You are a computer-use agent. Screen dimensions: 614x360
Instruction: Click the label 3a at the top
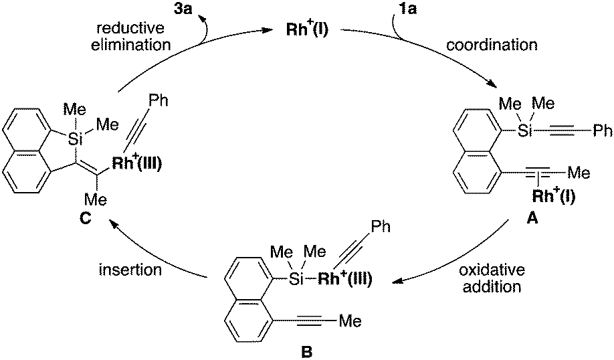[184, 8]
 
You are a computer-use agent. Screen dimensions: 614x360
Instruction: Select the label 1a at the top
[407, 8]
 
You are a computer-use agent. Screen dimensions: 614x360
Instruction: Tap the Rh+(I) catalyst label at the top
[307, 29]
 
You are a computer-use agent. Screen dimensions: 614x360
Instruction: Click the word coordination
[492, 45]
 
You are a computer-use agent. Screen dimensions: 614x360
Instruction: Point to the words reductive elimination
[131, 36]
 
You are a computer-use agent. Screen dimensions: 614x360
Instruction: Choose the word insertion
[130, 270]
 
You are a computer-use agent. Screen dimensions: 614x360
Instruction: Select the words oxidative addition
[492, 278]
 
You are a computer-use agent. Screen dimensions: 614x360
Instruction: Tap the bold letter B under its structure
[307, 351]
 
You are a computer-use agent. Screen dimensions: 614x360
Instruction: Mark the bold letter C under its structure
[85, 218]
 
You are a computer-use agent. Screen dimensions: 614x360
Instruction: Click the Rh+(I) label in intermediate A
[554, 195]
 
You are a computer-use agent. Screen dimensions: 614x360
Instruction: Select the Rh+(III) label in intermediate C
[137, 163]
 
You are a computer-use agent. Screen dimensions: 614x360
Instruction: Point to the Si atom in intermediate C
[74, 139]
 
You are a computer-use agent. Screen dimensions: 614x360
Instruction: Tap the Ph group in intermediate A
[602, 131]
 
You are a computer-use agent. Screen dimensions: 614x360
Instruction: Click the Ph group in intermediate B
[381, 226]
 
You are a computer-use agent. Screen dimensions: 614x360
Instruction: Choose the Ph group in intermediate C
[159, 100]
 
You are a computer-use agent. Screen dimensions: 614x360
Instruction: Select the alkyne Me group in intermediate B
[350, 321]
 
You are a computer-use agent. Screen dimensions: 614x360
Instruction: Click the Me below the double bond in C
[96, 199]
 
